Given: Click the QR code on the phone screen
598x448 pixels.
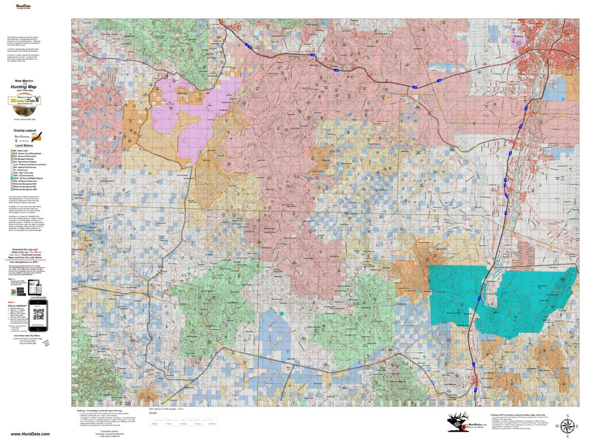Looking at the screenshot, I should (x=37, y=315).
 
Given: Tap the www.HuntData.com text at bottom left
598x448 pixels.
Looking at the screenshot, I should (x=30, y=434).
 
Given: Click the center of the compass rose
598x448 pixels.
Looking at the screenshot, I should (x=567, y=426).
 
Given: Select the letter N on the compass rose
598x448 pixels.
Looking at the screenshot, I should (x=567, y=415).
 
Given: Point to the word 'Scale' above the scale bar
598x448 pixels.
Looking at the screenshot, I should (x=152, y=413).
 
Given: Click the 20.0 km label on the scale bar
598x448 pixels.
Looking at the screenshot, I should (x=212, y=424).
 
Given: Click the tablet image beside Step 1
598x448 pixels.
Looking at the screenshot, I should (x=34, y=286).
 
